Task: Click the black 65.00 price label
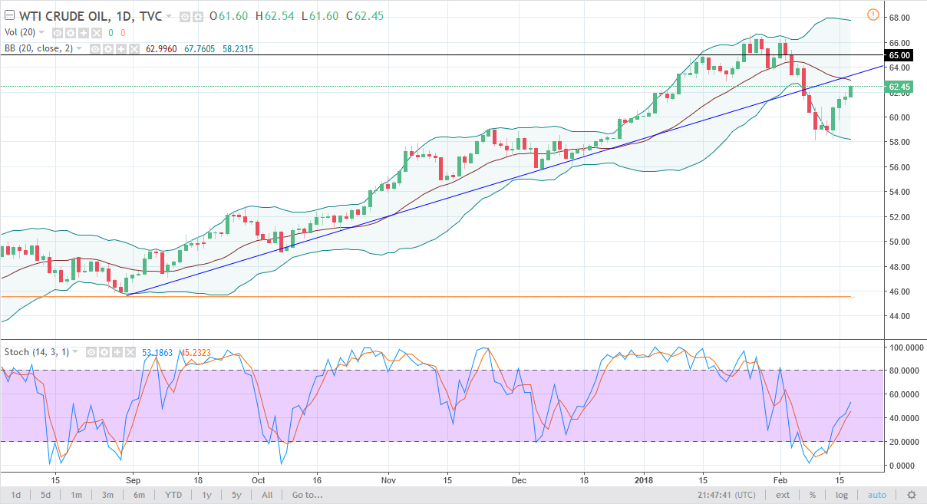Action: tap(899, 55)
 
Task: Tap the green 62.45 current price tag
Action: tap(899, 87)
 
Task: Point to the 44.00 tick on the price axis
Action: tap(899, 316)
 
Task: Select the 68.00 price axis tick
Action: tap(899, 18)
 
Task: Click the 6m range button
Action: tap(139, 495)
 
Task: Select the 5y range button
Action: tap(236, 495)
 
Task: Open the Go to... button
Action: tap(308, 495)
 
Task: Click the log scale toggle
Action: tap(842, 495)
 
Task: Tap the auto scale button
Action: tap(876, 495)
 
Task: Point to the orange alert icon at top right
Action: tap(873, 14)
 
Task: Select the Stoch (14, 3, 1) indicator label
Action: tap(37, 352)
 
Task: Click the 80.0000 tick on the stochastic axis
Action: tap(903, 371)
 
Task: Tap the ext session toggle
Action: tap(782, 495)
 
